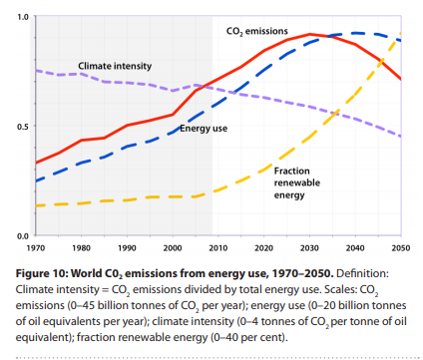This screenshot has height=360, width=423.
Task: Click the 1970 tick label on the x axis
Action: pyautogui.click(x=36, y=248)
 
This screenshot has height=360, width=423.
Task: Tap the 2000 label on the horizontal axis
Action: pyautogui.click(x=173, y=248)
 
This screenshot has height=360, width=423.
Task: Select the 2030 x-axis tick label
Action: pyautogui.click(x=309, y=248)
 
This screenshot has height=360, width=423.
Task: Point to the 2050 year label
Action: pyautogui.click(x=401, y=248)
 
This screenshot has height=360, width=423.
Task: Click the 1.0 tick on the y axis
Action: pyautogui.click(x=23, y=17)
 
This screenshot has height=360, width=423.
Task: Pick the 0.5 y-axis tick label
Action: pyautogui.click(x=23, y=127)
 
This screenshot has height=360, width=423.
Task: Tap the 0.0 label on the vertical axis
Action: pyautogui.click(x=23, y=236)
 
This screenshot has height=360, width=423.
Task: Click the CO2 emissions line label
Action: pyautogui.click(x=257, y=31)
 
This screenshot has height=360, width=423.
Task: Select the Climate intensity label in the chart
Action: pyautogui.click(x=115, y=66)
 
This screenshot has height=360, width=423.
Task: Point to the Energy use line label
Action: pyautogui.click(x=204, y=129)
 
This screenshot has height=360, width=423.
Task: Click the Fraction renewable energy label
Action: pyautogui.click(x=297, y=182)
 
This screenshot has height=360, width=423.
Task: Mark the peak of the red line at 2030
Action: pyautogui.click(x=309, y=34)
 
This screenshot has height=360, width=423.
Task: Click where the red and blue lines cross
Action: pyautogui.click(x=329, y=36)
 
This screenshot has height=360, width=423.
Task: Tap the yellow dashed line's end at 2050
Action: pyautogui.click(x=401, y=33)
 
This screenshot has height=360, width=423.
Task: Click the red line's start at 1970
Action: pyautogui.click(x=36, y=163)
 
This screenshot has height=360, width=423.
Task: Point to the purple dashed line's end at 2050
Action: pyautogui.click(x=401, y=137)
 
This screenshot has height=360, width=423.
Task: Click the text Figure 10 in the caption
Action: pyautogui.click(x=42, y=273)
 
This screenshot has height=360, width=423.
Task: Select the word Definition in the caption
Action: pyautogui.click(x=362, y=273)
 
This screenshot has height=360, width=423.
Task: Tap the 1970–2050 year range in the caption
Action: pyautogui.click(x=302, y=273)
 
